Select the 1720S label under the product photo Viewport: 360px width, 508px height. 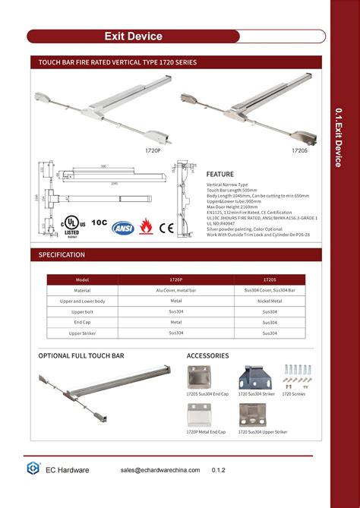pos(299,151)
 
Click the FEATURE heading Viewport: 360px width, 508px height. pos(219,174)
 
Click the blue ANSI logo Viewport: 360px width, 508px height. pos(123,227)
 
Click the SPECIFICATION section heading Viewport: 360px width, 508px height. pos(62,254)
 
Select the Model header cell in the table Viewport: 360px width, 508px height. pos(83,279)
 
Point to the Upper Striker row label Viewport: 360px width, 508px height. pos(83,333)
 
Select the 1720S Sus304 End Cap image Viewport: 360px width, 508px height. pos(204,377)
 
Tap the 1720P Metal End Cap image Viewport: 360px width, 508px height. pos(204,415)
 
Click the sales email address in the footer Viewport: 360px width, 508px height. pos(160,470)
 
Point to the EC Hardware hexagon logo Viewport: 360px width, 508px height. pos(33,469)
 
